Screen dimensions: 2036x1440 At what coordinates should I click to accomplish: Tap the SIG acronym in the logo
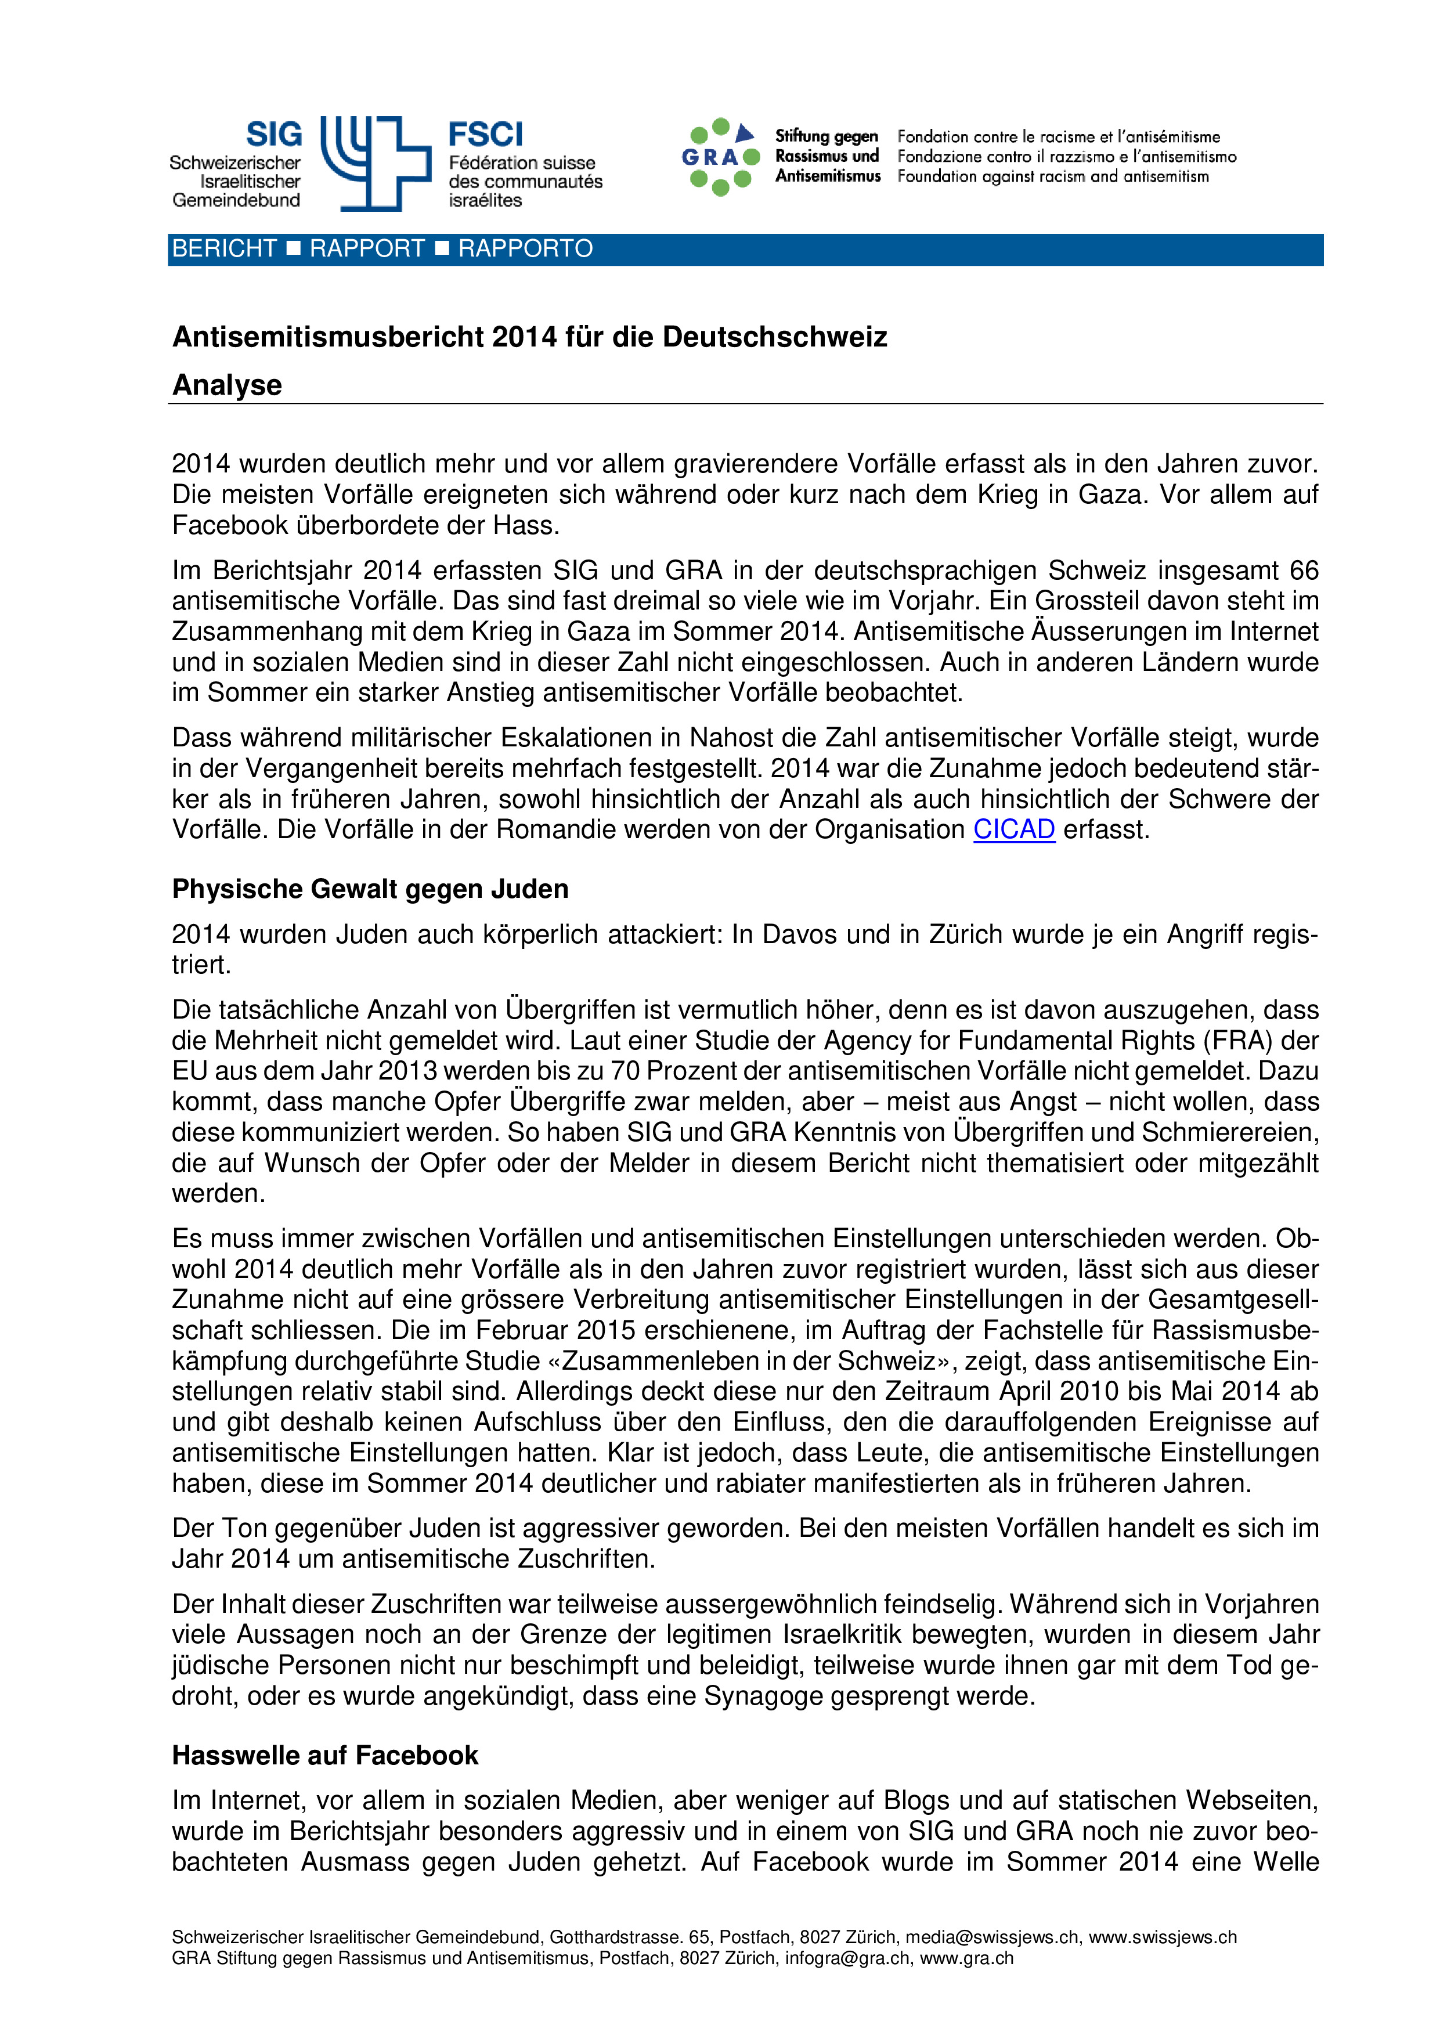tap(273, 135)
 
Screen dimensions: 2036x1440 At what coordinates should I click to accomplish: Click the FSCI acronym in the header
tap(485, 135)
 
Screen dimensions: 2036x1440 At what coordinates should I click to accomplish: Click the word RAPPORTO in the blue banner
tap(525, 249)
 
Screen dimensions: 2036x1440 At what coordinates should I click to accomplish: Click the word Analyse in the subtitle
tap(227, 385)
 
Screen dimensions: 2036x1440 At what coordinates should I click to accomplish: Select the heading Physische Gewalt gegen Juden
tap(370, 889)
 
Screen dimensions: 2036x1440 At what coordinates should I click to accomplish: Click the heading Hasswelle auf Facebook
tap(324, 1755)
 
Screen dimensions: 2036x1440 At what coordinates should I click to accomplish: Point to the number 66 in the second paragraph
tap(1304, 570)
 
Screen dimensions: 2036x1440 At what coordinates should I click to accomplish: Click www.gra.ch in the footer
tap(966, 1958)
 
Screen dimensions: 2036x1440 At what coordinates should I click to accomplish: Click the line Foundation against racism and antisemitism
tap(1052, 176)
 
